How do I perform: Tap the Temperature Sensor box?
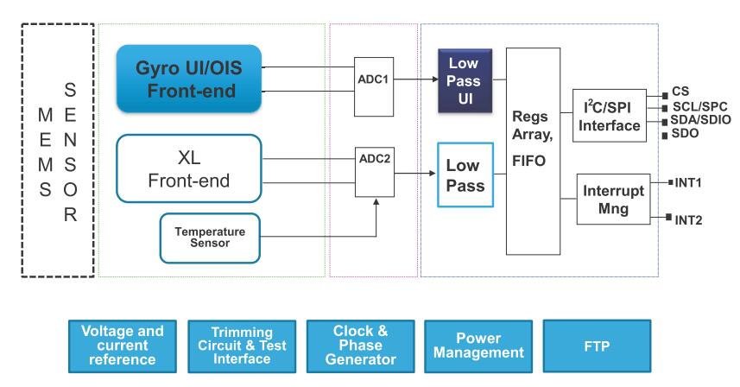coord(211,238)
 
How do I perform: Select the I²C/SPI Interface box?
coord(610,115)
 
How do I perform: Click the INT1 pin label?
coord(688,182)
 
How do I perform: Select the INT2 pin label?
coord(688,219)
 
